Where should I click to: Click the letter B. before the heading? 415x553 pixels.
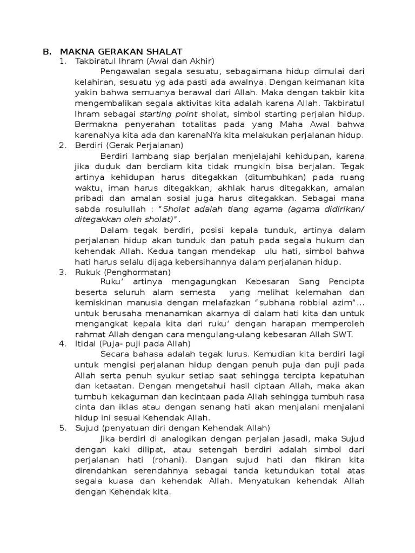tap(46, 51)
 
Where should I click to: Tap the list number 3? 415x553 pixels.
tap(63, 272)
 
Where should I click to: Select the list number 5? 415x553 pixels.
tap(63, 427)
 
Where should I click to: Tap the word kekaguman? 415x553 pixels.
tap(121, 396)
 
